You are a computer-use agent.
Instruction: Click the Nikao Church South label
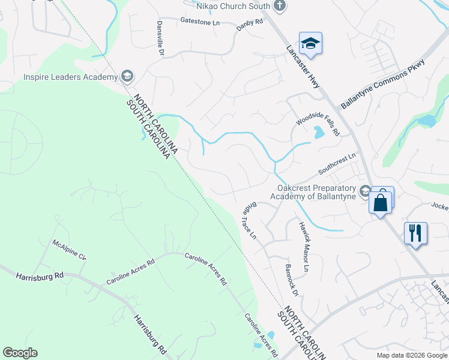(x=233, y=7)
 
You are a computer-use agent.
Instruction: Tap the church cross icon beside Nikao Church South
(x=279, y=6)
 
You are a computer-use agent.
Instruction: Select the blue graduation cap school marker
(x=310, y=44)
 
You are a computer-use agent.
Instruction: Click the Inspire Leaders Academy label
(x=70, y=77)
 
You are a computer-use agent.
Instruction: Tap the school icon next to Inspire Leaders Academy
(x=127, y=76)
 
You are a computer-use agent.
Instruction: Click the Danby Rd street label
(x=250, y=22)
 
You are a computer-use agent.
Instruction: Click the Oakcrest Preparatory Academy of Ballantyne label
(x=313, y=191)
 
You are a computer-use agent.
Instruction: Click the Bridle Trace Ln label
(x=249, y=220)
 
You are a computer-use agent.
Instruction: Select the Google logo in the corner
(x=20, y=353)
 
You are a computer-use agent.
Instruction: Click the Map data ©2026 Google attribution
(x=412, y=355)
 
